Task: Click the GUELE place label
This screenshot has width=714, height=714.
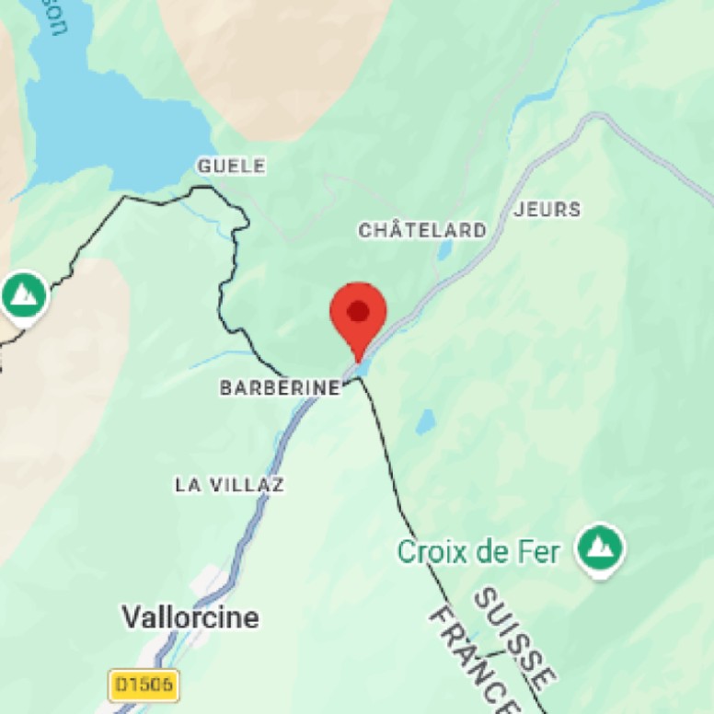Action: point(232,167)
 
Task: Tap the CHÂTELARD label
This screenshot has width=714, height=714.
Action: point(422,230)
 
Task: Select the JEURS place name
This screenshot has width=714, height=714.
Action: point(548,210)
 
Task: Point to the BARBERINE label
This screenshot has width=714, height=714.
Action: point(280,388)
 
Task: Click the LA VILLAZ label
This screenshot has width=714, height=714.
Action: point(229,484)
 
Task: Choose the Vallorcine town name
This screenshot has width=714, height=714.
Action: point(191,617)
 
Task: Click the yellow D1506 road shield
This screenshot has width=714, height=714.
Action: point(144,685)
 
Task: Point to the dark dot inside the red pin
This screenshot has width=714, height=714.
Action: point(357,311)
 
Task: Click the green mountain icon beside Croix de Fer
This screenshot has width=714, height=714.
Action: point(600,549)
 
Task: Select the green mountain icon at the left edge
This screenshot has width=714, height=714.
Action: point(24,294)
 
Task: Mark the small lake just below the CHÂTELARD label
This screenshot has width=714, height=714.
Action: point(445,251)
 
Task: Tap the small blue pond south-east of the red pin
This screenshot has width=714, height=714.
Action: point(425,422)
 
